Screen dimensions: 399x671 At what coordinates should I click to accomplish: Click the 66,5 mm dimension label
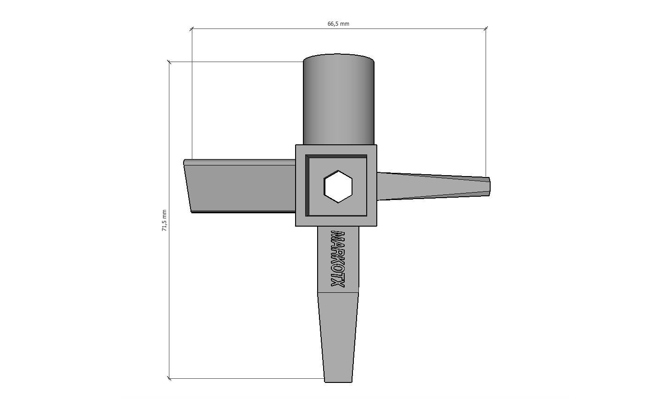[338, 24]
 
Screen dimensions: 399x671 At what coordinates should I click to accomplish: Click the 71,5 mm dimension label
[164, 220]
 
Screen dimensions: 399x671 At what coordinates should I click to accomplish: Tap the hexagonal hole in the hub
[338, 186]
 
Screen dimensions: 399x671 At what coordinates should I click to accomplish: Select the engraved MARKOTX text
[338, 259]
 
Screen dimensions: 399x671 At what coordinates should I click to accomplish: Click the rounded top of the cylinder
[338, 59]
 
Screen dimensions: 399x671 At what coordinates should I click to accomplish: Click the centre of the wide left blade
[241, 186]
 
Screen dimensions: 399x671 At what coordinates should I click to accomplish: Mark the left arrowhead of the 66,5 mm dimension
[192, 28]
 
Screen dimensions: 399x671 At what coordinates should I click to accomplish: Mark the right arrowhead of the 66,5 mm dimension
[486, 28]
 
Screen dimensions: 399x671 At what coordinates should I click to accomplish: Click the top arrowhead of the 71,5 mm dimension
[169, 62]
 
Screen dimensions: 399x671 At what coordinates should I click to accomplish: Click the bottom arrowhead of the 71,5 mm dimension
[169, 378]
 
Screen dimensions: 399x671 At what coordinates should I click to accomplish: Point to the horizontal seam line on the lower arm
[338, 292]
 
